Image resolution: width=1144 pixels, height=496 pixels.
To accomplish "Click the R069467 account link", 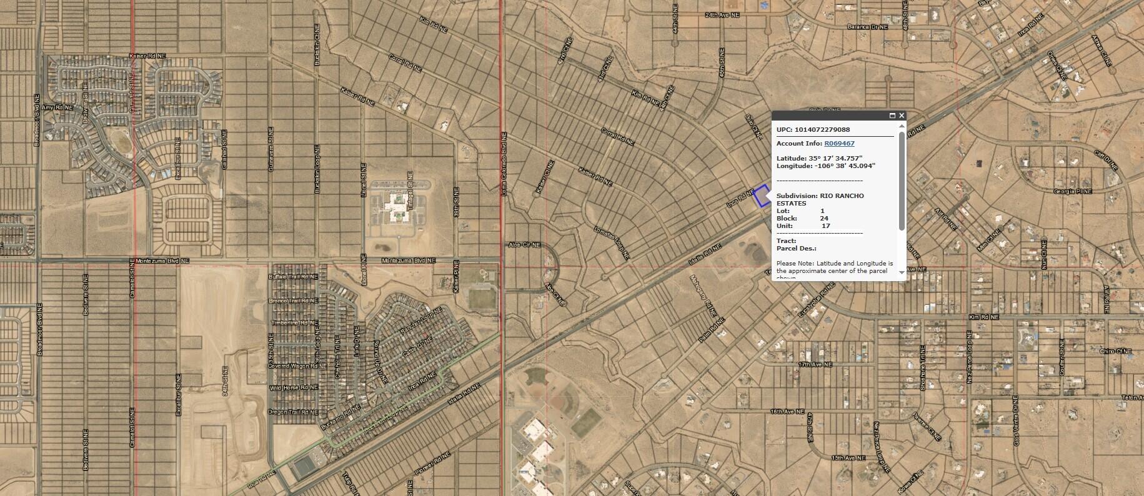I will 839,144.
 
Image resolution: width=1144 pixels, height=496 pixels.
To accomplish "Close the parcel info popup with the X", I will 902,116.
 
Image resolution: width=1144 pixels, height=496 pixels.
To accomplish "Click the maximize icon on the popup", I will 892,116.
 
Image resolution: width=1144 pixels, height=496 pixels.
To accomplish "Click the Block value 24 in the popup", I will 824,219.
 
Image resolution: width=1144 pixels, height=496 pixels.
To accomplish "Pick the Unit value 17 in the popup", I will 825,226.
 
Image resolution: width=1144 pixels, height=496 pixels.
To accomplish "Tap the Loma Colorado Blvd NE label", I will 503,164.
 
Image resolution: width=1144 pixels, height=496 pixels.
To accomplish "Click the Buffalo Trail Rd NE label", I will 293,276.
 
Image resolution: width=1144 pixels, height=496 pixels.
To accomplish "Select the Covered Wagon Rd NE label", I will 293,365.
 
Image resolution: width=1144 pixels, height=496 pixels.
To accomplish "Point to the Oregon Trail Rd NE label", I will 293,412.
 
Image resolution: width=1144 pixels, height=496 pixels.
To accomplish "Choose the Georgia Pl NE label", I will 1072,191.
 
